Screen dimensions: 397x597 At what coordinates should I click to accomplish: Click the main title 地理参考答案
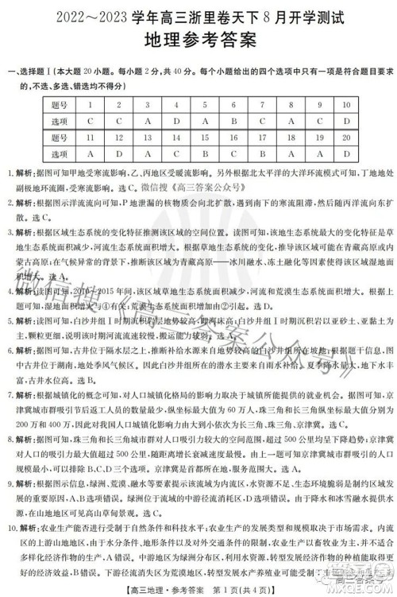click(x=198, y=40)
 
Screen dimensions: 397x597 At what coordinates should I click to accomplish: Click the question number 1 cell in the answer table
click(x=92, y=104)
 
